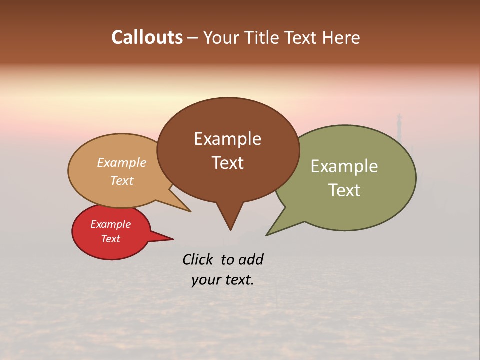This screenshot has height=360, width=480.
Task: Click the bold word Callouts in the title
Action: [x=147, y=37]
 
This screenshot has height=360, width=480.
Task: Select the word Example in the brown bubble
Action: [x=227, y=139]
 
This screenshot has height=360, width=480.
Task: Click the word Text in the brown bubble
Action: [x=227, y=163]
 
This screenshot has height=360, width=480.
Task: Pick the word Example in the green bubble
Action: [x=344, y=166]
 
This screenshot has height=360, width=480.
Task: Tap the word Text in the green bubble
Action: [x=344, y=190]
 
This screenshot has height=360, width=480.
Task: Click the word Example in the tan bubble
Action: [x=122, y=162]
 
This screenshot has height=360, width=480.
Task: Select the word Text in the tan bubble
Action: [x=122, y=180]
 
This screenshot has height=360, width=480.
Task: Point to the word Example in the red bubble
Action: [x=110, y=224]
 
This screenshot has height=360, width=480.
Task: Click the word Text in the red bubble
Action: [x=110, y=239]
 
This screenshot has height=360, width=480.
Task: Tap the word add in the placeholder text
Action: [x=250, y=260]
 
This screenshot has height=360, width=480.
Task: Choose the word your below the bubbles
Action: [x=205, y=280]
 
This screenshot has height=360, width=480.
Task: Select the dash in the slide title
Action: [x=193, y=38]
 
